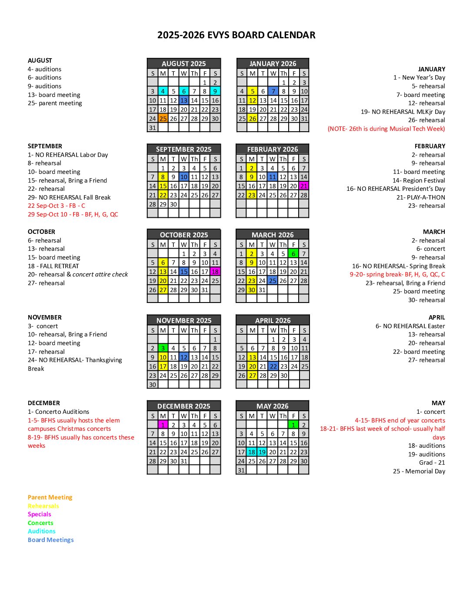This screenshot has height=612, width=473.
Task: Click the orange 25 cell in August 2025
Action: (163, 118)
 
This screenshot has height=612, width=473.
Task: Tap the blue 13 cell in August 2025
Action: (184, 100)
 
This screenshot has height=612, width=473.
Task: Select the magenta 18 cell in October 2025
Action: (215, 272)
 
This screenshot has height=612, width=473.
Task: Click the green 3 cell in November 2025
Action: (163, 348)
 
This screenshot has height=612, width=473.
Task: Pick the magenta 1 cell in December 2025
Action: (163, 425)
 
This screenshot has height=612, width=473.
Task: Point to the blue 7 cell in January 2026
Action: (273, 91)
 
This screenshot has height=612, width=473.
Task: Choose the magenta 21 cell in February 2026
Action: (304, 186)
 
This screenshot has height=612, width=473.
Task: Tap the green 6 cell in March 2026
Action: (293, 254)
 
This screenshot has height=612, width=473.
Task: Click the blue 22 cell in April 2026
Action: (273, 366)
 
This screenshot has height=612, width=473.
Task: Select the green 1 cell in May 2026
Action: (293, 425)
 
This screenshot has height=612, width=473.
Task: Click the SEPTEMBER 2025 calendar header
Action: (184, 149)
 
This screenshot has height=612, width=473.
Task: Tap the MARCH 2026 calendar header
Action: (273, 235)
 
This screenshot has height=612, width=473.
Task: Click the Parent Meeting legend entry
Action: (50, 497)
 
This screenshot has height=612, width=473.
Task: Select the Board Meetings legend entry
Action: (51, 540)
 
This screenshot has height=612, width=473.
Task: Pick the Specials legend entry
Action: (40, 514)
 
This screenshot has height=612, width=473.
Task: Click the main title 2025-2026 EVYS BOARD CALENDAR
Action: (236, 35)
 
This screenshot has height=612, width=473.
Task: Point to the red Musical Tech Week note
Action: (386, 129)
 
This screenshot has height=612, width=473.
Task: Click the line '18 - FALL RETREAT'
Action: (53, 266)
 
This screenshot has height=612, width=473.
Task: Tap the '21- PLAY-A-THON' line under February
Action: (420, 197)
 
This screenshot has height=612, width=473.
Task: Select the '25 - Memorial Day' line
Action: (419, 471)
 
